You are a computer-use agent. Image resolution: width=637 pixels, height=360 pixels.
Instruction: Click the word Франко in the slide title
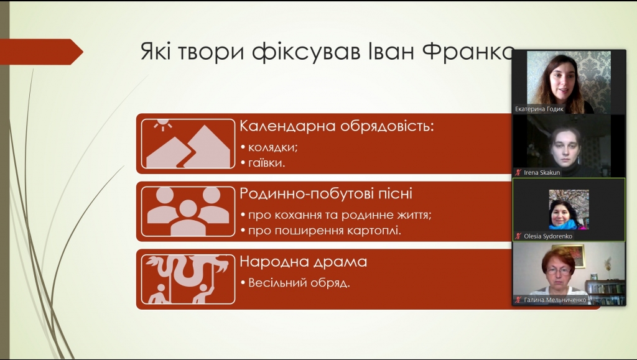tap(467, 52)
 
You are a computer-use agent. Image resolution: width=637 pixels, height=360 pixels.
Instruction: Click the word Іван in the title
tap(391, 52)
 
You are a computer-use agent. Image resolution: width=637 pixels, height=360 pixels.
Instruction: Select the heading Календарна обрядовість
tap(337, 126)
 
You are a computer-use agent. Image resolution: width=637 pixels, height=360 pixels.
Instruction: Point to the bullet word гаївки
tap(266, 163)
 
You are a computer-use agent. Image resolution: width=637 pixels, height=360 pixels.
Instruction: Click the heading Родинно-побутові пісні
tap(326, 193)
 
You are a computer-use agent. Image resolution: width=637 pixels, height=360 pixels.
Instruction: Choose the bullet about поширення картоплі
tap(325, 231)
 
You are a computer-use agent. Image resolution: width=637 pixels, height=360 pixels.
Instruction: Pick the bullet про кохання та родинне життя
tap(340, 215)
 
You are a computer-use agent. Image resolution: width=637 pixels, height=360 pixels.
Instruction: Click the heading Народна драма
tap(303, 261)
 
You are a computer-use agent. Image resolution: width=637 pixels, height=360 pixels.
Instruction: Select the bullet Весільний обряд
tap(299, 283)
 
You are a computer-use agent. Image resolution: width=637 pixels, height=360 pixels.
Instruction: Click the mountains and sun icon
tap(188, 144)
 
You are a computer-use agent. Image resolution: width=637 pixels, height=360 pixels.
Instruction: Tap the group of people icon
tap(188, 211)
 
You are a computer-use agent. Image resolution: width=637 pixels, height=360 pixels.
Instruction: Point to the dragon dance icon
tap(188, 279)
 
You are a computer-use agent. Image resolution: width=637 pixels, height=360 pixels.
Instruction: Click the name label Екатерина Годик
tap(539, 109)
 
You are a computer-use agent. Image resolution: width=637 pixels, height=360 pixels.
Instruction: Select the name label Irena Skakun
tap(542, 172)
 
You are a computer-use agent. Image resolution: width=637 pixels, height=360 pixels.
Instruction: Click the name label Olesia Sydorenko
tap(548, 236)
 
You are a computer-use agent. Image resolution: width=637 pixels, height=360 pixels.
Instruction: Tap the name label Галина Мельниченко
tap(555, 300)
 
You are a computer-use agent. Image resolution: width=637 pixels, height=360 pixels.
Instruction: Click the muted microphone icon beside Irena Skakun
tap(518, 172)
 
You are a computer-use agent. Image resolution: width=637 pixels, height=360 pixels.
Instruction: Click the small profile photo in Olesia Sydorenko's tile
tap(569, 210)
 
